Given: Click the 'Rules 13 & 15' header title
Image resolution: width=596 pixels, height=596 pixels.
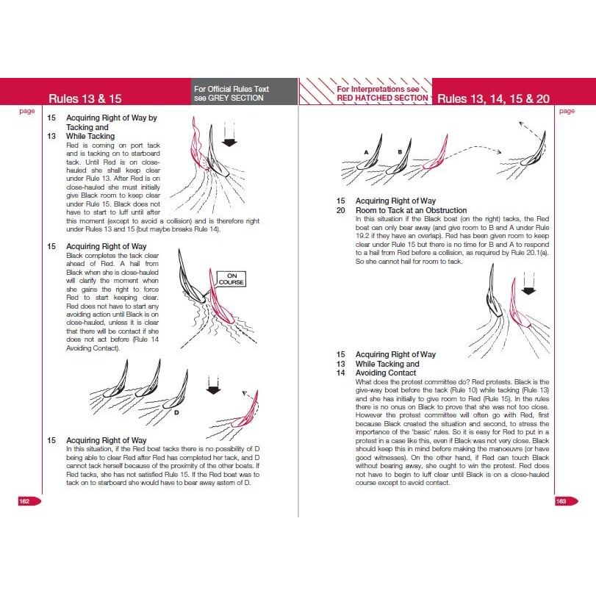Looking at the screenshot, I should pos(85,98).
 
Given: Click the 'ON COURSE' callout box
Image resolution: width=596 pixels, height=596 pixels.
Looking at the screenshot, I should pos(231,279).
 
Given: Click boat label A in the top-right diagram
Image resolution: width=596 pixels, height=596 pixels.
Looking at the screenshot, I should pos(365,151).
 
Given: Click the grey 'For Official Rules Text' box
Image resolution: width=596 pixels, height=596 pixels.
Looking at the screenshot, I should pos(243,93).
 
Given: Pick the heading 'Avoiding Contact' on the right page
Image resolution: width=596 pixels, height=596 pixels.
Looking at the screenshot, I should pos(386,373).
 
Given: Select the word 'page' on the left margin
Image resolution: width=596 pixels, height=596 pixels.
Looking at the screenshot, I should pos(27,111).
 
